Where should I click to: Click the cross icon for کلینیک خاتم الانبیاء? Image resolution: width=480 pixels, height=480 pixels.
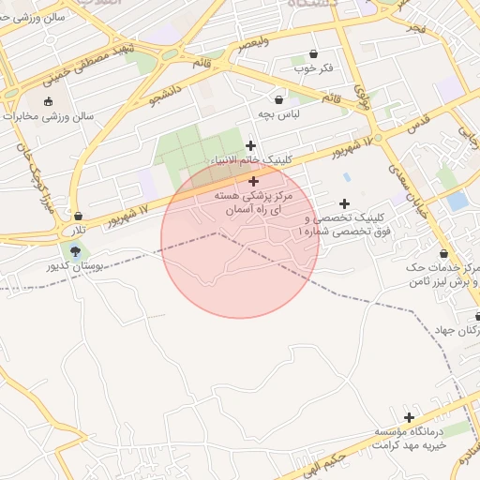(x=250, y=145)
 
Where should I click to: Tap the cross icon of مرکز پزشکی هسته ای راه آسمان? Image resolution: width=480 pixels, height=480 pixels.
(x=253, y=180)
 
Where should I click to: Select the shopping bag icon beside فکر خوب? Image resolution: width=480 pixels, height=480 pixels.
(x=312, y=54)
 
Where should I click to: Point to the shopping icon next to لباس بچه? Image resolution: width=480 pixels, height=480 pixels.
(x=279, y=99)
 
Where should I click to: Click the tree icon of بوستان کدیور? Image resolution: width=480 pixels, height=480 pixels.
(x=75, y=250)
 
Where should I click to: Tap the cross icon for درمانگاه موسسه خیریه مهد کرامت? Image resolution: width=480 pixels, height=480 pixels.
(x=409, y=417)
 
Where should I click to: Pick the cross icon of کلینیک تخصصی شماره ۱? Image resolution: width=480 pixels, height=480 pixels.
(x=344, y=203)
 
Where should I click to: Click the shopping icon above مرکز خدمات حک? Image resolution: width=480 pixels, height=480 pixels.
(x=443, y=253)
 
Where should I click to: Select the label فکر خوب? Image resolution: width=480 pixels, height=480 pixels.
(x=314, y=69)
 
